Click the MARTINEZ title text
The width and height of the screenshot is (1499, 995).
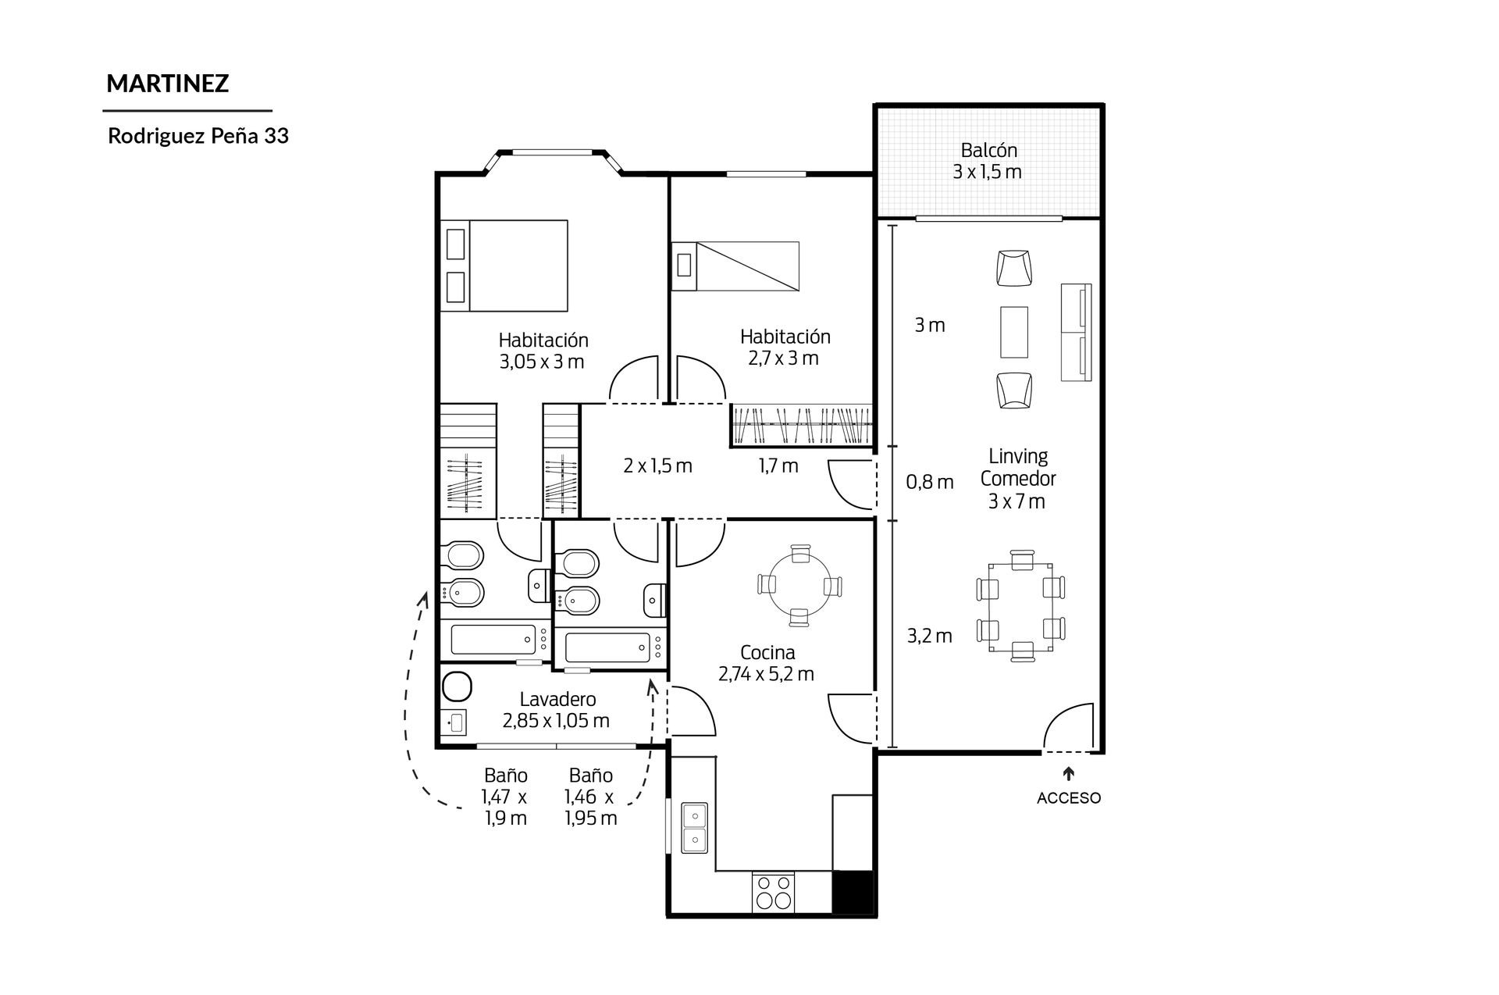click(167, 84)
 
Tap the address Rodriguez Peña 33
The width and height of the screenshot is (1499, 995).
click(198, 136)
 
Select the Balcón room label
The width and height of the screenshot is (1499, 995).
click(988, 150)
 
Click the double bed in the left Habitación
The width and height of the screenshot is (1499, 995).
click(504, 266)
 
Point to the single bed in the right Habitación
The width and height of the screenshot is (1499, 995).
click(735, 266)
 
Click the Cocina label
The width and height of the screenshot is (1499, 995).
click(767, 652)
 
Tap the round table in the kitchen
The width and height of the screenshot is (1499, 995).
click(799, 585)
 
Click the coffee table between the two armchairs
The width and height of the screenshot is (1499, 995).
click(1013, 332)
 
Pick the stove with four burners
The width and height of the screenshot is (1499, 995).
click(773, 892)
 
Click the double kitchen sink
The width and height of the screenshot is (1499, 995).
click(693, 828)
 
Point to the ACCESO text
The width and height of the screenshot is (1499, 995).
click(1069, 798)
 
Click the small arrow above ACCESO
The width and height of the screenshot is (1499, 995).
click(1068, 774)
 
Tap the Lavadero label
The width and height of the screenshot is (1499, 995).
click(557, 700)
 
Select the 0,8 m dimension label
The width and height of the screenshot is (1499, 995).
click(929, 483)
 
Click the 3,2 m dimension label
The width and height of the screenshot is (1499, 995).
click(929, 637)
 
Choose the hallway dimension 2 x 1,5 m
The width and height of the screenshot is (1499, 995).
click(657, 466)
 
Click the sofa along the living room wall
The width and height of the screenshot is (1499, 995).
click(1076, 333)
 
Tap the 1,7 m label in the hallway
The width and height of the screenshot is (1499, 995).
click(778, 466)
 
